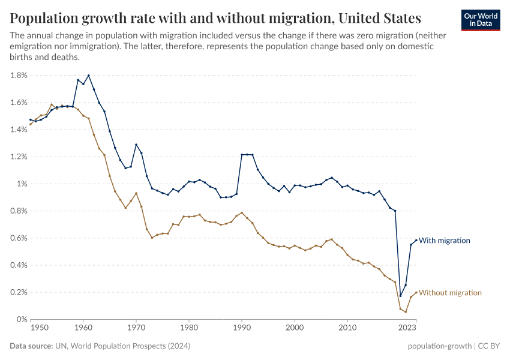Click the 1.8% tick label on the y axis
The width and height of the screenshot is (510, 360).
tap(19, 76)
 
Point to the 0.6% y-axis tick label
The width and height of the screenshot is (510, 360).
tap(19, 238)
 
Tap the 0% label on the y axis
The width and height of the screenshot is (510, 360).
tap(22, 320)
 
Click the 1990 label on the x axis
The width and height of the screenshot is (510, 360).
tap(242, 328)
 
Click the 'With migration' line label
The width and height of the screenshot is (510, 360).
tap(444, 241)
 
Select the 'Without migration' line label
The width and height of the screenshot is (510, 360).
tap(450, 293)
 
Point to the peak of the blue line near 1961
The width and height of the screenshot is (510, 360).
tap(89, 76)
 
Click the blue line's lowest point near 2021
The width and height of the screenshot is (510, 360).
tap(400, 296)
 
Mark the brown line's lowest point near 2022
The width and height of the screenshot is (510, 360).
tap(406, 312)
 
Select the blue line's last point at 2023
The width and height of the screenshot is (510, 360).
tap(416, 241)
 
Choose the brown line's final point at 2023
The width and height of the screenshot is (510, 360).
tap(416, 293)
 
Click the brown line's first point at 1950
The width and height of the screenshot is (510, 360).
tap(31, 124)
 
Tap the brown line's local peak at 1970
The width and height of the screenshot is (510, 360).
tap(136, 193)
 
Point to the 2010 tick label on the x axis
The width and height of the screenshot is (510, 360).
tap(347, 328)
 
